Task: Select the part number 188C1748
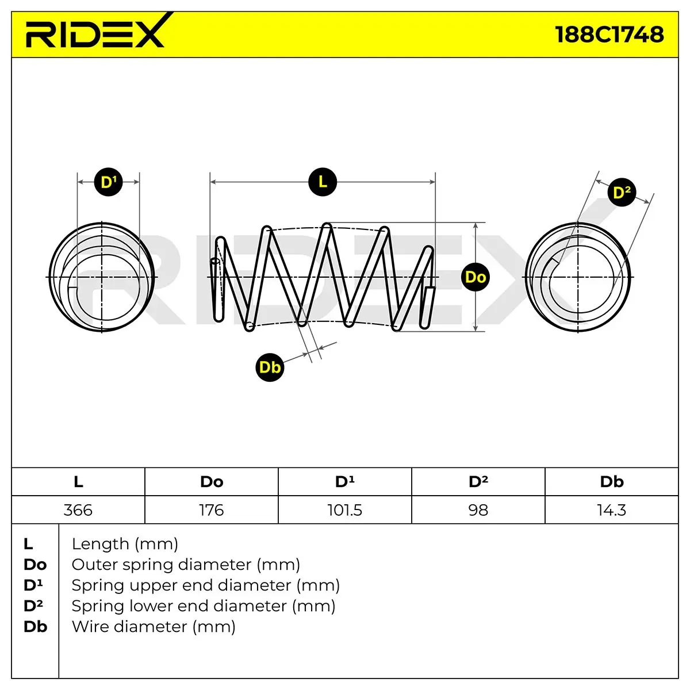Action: pos(609,34)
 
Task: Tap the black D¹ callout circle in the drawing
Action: pos(109,182)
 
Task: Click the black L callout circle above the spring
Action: pos(323,182)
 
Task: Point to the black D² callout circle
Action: pos(622,192)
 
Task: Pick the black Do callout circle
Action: pos(476,277)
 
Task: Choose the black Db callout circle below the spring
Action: pos(270,367)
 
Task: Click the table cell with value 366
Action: pos(78,510)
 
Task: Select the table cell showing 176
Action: pos(212,510)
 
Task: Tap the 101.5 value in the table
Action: pos(345,510)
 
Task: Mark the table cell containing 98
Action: pos(478,510)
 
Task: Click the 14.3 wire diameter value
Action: pos(612,510)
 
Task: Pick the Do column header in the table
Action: pos(212,482)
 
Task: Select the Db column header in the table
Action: pos(612,482)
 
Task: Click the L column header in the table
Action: pos(78,482)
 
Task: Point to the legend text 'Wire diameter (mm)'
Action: pos(154,627)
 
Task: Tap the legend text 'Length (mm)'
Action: pos(125,544)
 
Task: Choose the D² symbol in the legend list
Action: pos(33,606)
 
